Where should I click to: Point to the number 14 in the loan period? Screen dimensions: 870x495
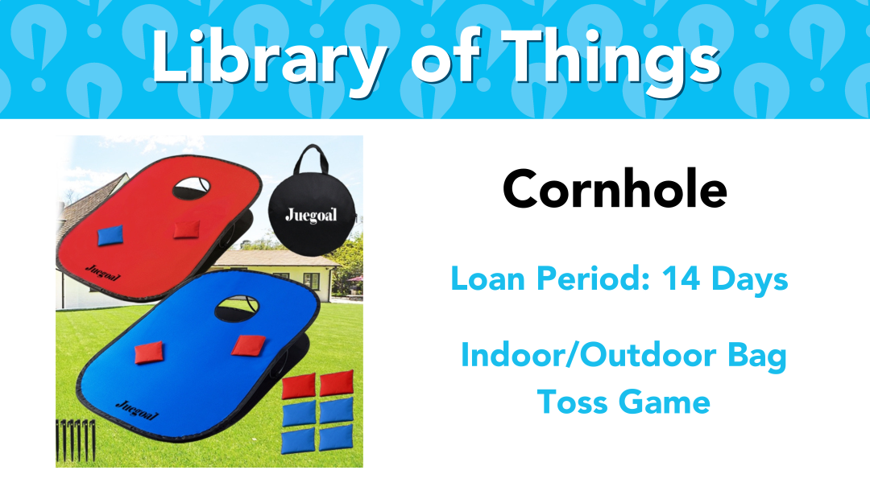click(x=681, y=278)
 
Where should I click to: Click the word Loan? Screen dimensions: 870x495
click(x=487, y=278)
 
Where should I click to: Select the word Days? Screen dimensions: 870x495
click(x=750, y=279)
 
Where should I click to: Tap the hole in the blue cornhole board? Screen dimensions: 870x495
click(x=237, y=309)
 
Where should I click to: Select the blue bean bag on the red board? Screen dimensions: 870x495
click(x=110, y=236)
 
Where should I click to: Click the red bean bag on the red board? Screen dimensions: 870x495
click(x=186, y=229)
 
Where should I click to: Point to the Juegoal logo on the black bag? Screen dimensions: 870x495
click(x=311, y=215)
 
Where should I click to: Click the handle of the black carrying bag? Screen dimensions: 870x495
click(x=311, y=158)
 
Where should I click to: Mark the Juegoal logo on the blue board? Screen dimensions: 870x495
click(x=137, y=410)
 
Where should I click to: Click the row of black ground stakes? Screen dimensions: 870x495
click(x=76, y=441)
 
